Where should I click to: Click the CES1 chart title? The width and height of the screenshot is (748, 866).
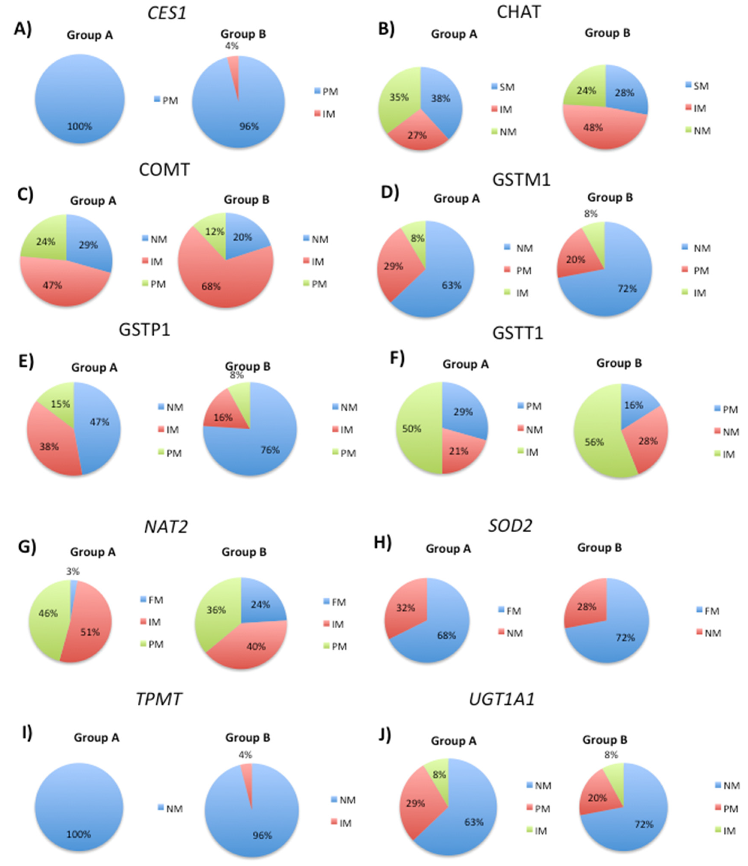point(166,13)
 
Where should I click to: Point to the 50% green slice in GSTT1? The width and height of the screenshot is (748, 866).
point(416,428)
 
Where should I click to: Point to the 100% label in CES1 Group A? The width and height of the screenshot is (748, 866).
point(80,126)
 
